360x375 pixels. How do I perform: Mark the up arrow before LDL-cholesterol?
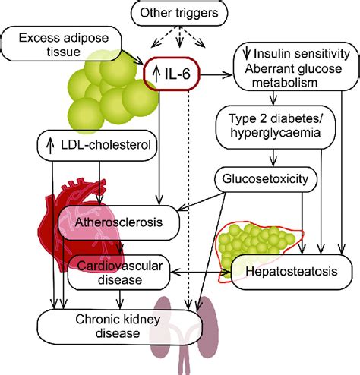(49, 144)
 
